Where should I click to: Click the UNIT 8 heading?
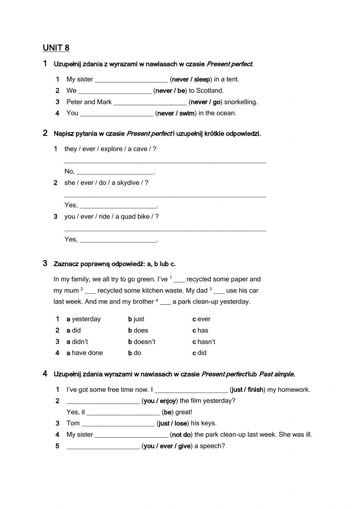(56, 48)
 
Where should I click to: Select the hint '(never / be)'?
(170, 91)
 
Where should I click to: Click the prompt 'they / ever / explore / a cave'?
(108, 149)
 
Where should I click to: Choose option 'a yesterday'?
(84, 319)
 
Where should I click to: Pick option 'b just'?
(136, 319)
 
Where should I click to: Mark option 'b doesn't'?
(141, 341)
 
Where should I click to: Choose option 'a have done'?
(85, 353)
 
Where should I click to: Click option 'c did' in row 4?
(199, 353)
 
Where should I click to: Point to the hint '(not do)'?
(181, 435)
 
